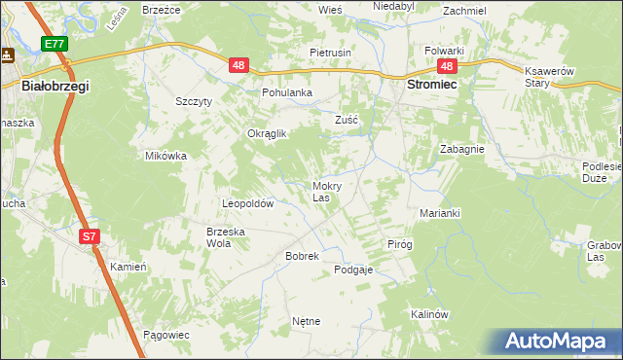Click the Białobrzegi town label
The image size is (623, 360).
click(x=55, y=87)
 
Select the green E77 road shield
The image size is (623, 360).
click(x=55, y=44)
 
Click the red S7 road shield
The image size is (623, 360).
click(x=89, y=236)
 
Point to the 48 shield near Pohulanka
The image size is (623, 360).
click(x=239, y=65)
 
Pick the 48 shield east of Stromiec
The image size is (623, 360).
click(x=446, y=66)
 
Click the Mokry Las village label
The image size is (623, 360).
click(x=326, y=191)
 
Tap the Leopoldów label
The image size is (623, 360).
click(x=248, y=204)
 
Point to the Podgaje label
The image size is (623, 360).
click(x=354, y=270)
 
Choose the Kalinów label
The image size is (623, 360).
click(x=427, y=314)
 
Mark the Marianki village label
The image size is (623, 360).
click(x=439, y=212)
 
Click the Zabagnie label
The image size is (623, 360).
click(x=461, y=150)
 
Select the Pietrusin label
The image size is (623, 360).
click(x=330, y=52)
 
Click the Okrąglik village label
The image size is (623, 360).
click(x=266, y=134)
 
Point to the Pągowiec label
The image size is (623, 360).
click(x=165, y=334)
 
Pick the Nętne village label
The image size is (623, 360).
click(x=306, y=320)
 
